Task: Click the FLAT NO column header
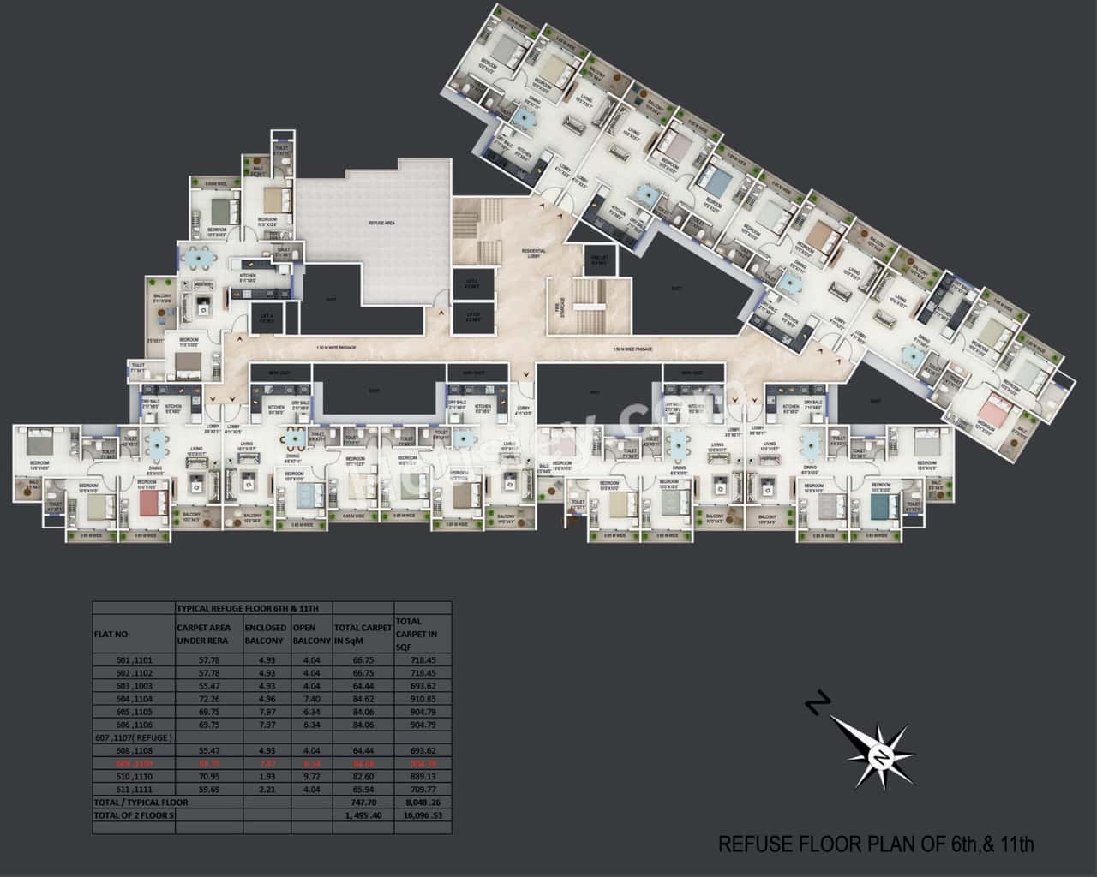click(x=111, y=635)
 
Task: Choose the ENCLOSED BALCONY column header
click(x=265, y=634)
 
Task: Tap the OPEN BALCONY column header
click(x=311, y=634)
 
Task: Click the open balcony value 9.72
click(x=311, y=776)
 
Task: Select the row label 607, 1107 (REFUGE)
click(x=133, y=737)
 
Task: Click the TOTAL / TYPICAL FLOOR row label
click(x=141, y=802)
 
